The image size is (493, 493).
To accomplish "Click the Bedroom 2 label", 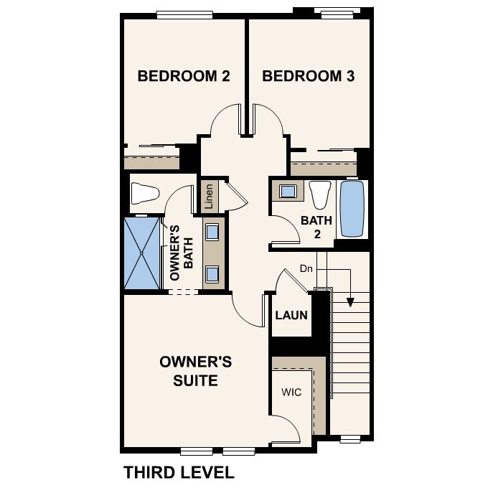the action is [x=184, y=76].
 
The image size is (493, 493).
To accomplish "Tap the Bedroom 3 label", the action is [x=309, y=76].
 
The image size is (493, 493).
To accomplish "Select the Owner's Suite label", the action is [x=196, y=371].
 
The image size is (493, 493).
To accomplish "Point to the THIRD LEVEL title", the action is [x=179, y=472].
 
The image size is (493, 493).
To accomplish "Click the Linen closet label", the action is [x=209, y=197].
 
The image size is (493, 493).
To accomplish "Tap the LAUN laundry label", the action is [x=291, y=315].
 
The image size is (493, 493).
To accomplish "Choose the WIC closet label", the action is [x=291, y=392].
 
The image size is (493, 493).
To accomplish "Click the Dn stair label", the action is [x=306, y=268].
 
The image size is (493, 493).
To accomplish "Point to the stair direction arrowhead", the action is [x=350, y=302].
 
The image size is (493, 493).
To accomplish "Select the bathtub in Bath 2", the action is [x=352, y=209].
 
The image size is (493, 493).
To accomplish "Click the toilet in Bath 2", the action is [x=320, y=195].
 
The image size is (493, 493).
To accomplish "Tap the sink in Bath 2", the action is [x=288, y=191].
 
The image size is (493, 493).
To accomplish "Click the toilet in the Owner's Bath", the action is [x=144, y=193].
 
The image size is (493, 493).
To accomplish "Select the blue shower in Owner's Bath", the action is [x=142, y=253].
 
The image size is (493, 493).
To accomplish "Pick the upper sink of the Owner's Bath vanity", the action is [x=212, y=233].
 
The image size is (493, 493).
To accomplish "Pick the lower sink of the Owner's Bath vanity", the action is [x=212, y=273].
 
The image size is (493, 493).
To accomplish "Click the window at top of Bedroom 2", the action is [x=184, y=15].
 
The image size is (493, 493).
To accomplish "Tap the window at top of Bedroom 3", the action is [x=337, y=11].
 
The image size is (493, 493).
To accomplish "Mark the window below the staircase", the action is [x=350, y=439].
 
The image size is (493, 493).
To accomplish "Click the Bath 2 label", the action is [x=316, y=227].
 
